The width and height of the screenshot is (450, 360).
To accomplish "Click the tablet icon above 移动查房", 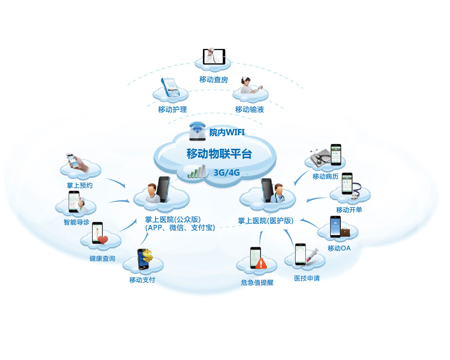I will [x=214, y=56].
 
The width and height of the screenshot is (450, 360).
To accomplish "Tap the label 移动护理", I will [x=172, y=110].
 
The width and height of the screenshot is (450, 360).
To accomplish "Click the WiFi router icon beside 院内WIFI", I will [x=198, y=132].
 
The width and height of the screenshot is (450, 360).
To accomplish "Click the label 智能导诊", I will [x=76, y=222].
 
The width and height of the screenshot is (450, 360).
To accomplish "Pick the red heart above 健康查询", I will [x=103, y=240].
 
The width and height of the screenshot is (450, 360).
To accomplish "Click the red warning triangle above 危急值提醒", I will [x=262, y=264].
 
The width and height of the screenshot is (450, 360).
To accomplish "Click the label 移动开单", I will [x=349, y=210].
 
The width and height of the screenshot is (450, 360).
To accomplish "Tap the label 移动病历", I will [x=326, y=176].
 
